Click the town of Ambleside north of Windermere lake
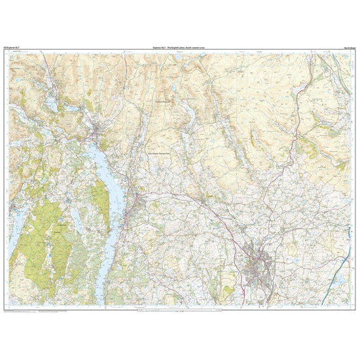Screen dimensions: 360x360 [x=98, y=135]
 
